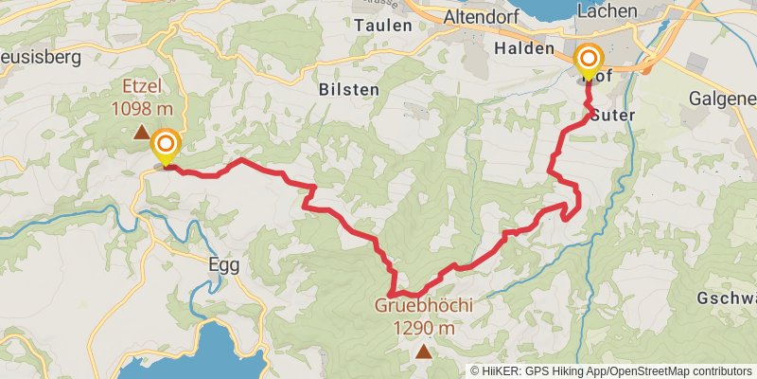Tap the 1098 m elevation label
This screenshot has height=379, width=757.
pyautogui.click(x=141, y=107)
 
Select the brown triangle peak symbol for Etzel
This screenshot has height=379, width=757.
pyautogui.click(x=141, y=133)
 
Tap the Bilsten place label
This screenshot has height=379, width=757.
pyautogui.click(x=349, y=90)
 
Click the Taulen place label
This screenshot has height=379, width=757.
pyautogui.click(x=384, y=27)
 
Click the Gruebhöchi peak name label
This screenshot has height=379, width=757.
pyautogui.click(x=423, y=306)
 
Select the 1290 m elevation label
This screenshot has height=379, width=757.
pyautogui.click(x=423, y=328)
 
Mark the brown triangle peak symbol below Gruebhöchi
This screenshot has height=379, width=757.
pyautogui.click(x=423, y=352)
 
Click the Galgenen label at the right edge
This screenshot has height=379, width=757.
pyautogui.click(x=723, y=98)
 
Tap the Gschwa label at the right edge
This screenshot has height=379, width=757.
pyautogui.click(x=728, y=297)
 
